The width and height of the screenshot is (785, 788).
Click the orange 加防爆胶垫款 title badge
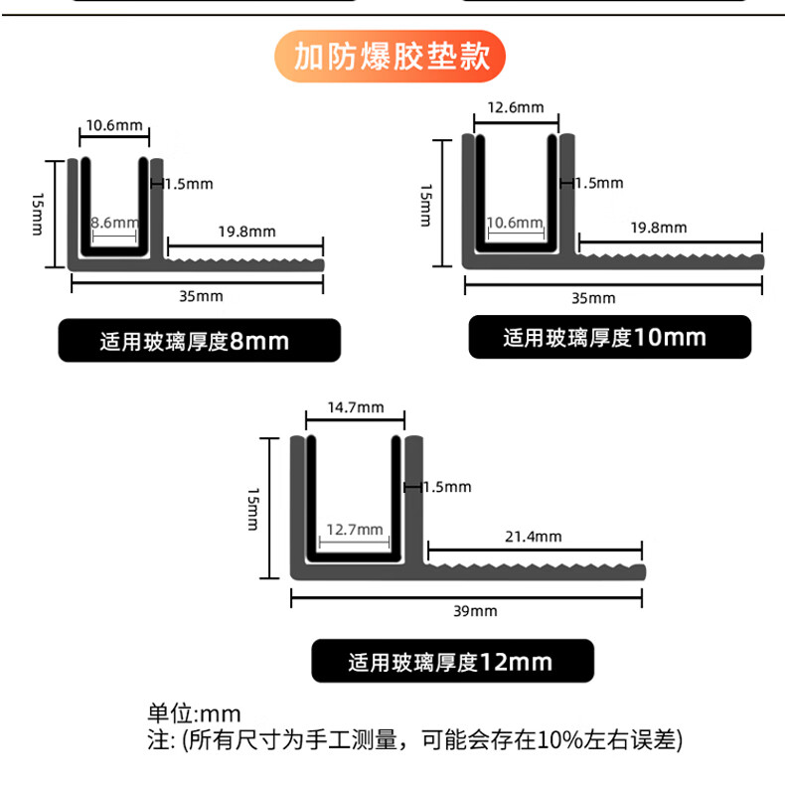390,56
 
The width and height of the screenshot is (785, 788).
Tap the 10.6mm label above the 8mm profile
114,125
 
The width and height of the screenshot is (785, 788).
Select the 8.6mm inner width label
114,223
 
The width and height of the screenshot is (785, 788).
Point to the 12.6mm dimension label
516,107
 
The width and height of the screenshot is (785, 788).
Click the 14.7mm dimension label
356,407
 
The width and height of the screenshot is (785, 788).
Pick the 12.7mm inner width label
355,530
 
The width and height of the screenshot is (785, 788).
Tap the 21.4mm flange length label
534,537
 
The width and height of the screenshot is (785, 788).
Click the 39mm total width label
475,611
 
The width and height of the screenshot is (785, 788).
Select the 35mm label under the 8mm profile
201,296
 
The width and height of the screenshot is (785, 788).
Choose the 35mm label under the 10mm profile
593,298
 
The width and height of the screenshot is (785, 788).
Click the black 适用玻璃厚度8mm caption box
200,340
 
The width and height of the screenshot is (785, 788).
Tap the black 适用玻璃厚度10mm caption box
610,337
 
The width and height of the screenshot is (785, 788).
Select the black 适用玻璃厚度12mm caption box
453,661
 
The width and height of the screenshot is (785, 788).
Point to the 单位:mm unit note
194,713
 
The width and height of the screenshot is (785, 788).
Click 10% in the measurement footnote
560,740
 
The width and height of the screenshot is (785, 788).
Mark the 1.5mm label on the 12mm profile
447,487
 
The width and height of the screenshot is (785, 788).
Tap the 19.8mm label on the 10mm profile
659,229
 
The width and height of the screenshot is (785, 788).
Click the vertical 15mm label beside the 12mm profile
253,509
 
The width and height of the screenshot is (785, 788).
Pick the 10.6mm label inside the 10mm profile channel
515,223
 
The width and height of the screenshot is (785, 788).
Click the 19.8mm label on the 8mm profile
247,232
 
